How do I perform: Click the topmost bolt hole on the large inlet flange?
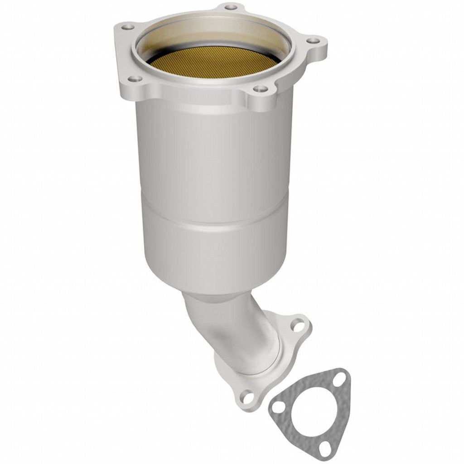(231, 7)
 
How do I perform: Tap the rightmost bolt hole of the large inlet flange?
(312, 41)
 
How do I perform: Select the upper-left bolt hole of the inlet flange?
(128, 27)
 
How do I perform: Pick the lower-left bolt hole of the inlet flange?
(132, 79)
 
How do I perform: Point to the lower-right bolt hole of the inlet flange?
(260, 88)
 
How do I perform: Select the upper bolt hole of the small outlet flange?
(297, 324)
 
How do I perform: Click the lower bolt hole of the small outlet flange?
(247, 398)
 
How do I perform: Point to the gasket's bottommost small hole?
(324, 448)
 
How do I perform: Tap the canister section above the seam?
(213, 154)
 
